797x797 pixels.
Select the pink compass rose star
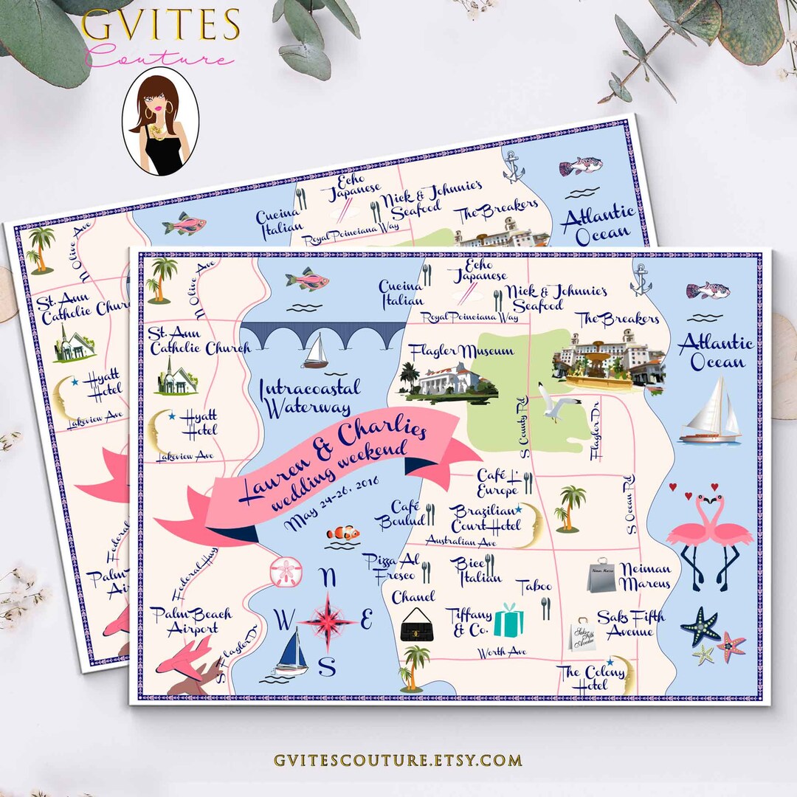[325, 618]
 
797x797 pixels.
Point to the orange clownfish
[343, 532]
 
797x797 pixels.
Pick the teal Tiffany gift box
[508, 621]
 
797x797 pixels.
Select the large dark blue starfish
[700, 626]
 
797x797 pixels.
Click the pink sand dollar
[285, 572]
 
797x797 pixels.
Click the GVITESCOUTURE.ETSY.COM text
[398, 760]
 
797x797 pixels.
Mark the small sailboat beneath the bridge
[316, 351]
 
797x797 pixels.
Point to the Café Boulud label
[399, 514]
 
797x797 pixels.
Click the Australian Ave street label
[459, 540]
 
